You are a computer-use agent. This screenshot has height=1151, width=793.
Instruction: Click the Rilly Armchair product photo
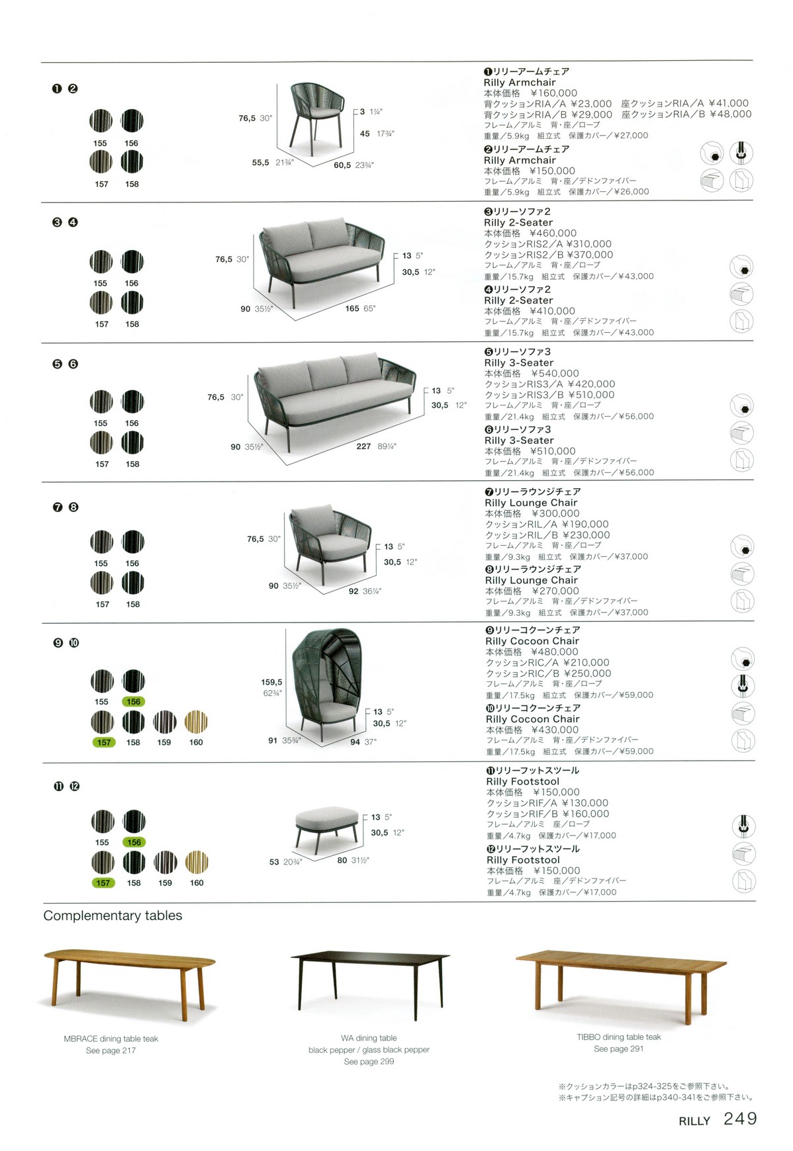click(318, 117)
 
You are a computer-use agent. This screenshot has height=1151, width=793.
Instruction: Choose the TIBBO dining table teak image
click(620, 979)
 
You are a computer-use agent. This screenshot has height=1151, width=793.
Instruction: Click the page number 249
click(740, 1118)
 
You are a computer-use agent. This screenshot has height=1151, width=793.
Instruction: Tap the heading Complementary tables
click(113, 916)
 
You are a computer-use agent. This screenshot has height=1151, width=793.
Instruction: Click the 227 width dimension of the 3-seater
click(363, 447)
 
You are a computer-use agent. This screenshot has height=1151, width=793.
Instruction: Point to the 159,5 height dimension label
click(271, 682)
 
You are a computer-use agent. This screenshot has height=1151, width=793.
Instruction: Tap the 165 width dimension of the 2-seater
click(352, 308)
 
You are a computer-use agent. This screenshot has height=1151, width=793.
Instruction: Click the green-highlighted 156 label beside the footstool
click(134, 842)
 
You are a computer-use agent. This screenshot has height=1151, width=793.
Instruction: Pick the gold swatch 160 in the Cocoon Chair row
click(196, 722)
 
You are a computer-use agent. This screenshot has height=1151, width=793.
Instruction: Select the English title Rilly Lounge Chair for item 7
click(531, 503)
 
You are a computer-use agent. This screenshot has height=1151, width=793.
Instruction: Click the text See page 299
click(369, 1062)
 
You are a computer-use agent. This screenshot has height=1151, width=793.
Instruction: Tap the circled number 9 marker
click(58, 643)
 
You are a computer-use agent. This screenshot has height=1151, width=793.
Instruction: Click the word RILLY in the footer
click(694, 1121)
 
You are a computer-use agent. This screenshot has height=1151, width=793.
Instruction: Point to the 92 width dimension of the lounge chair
click(353, 591)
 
